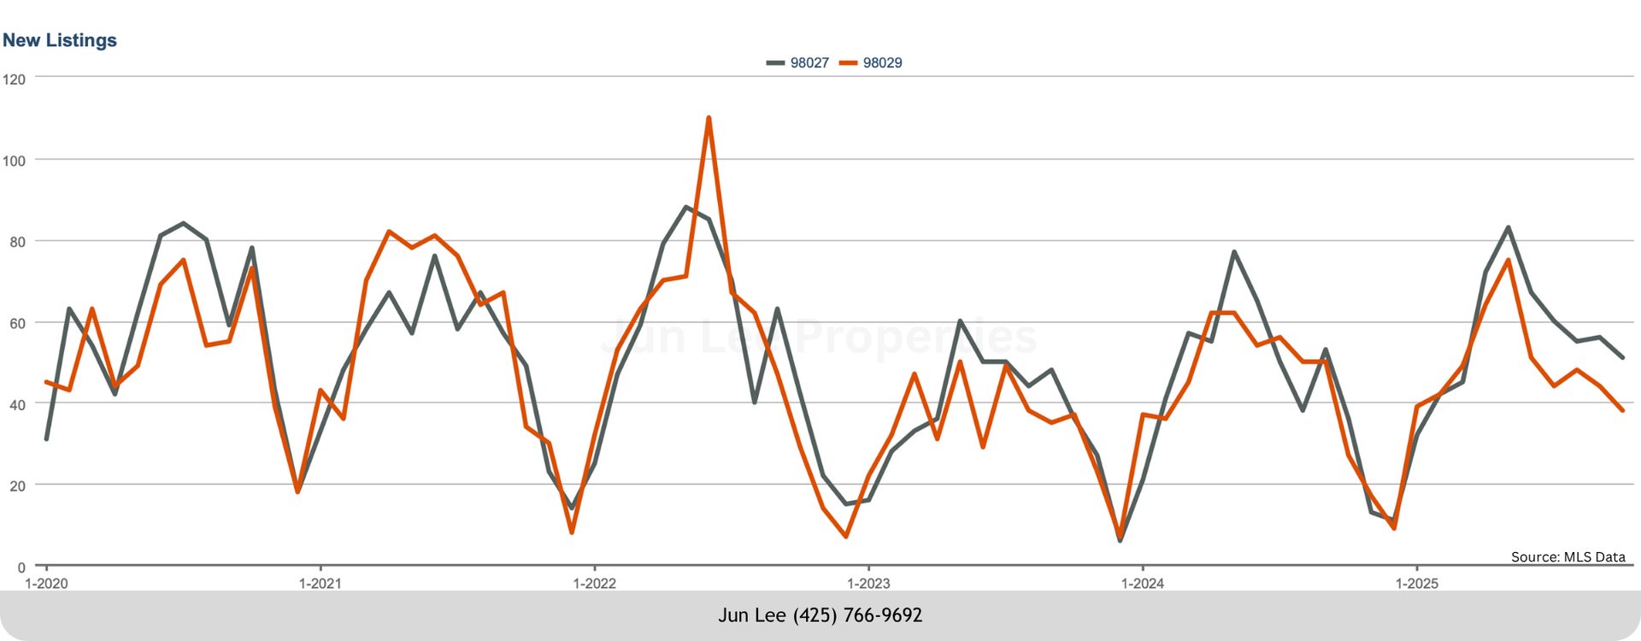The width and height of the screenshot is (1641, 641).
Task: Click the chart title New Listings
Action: [60, 40]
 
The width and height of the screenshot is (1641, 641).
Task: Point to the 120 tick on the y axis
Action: [15, 79]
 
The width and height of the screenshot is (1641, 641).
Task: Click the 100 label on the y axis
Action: [15, 161]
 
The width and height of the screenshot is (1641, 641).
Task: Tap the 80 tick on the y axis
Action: [18, 242]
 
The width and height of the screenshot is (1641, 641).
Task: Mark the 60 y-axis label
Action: [18, 323]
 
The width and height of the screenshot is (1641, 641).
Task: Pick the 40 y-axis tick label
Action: [18, 404]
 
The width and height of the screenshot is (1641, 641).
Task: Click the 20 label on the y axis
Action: [18, 485]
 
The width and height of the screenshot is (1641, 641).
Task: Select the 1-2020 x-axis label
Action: [46, 584]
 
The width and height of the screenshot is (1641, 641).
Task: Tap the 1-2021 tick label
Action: [320, 584]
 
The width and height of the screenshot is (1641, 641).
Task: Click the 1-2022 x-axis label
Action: [594, 584]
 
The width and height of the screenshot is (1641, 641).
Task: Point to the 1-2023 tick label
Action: [868, 584]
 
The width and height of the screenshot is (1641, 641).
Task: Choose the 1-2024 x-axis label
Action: [1143, 584]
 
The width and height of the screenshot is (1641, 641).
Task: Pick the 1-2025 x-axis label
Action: [1416, 584]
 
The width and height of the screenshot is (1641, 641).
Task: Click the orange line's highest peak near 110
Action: [709, 118]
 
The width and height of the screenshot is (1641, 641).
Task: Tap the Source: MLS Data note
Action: [1567, 556]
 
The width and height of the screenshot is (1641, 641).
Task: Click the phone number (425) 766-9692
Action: [857, 615]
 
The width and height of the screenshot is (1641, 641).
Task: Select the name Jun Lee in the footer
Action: [752, 615]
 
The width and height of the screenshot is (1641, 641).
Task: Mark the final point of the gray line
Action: [1622, 357]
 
